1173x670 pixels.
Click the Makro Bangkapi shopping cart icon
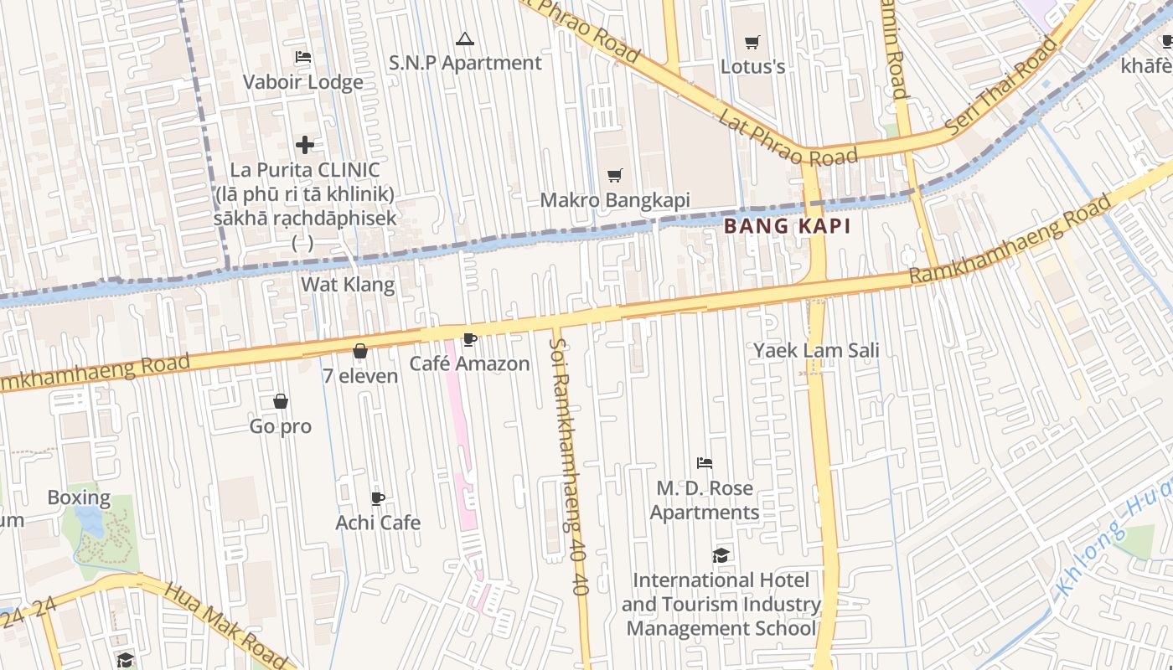pos(615,175)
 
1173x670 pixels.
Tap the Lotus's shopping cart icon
pos(752,42)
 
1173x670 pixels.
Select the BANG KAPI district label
pos(787,226)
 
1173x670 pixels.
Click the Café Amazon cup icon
pos(470,339)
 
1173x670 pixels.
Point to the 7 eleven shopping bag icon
pos(360,351)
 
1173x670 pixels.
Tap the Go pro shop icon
pos(281,402)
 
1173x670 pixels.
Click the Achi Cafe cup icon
pos(378,498)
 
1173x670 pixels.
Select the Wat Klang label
pos(348,285)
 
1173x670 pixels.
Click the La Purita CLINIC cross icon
pos(305,145)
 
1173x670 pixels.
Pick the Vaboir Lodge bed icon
pos(303,57)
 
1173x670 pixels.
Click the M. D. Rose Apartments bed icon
pos(705,463)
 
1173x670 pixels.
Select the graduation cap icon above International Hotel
pos(721,555)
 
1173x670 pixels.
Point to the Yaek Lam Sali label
pos(816,350)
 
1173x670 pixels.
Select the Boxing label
pos(79,497)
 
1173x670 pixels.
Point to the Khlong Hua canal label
pos(1114,544)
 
